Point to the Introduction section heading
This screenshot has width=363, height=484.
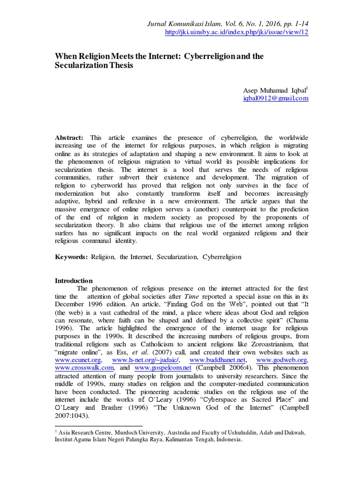point(74,281)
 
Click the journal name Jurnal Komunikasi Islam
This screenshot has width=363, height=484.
point(178,24)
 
